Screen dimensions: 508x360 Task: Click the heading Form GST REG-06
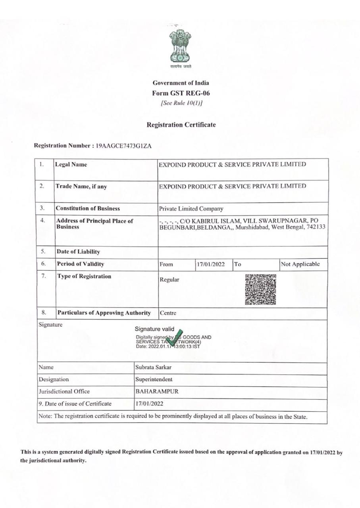pos(181,93)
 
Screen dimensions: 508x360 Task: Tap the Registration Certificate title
pos(181,125)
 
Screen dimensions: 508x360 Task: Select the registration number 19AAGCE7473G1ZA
pos(123,146)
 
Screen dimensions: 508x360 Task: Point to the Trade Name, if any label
pos(81,186)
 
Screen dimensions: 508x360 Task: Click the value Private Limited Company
pos(191,208)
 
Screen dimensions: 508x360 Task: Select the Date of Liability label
pos(78,252)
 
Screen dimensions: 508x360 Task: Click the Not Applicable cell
pos(300,264)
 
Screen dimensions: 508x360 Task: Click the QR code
pos(260,289)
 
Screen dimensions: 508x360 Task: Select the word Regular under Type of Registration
pos(169,280)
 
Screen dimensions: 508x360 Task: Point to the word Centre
pos(168,313)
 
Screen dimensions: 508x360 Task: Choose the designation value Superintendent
pos(154,379)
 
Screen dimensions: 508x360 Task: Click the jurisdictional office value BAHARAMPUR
pos(157,392)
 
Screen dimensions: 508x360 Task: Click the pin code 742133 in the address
pos(316,227)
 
